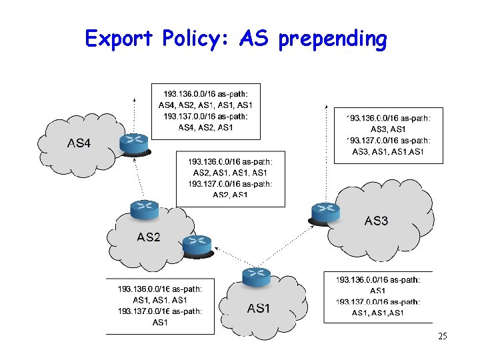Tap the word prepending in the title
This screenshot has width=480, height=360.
[333, 40]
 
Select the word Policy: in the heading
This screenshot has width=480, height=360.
[197, 39]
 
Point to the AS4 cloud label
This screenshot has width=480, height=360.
[79, 143]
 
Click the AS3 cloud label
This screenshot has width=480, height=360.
[376, 221]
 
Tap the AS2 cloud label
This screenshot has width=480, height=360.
[148, 237]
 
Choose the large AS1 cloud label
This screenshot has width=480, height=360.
[259, 308]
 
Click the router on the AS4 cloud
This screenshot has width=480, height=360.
[135, 142]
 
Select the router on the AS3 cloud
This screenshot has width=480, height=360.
[326, 212]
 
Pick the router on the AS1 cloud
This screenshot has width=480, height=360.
[257, 276]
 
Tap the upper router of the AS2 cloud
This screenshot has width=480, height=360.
[145, 209]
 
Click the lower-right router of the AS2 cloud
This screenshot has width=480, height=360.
[197, 245]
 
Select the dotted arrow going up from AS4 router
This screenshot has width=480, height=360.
[135, 113]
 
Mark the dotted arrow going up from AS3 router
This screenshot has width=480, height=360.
[326, 153]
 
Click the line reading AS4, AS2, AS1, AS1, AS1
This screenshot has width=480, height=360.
[205, 105]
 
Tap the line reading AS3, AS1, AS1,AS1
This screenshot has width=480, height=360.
[388, 152]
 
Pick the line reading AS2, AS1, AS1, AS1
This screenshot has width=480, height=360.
[230, 173]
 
